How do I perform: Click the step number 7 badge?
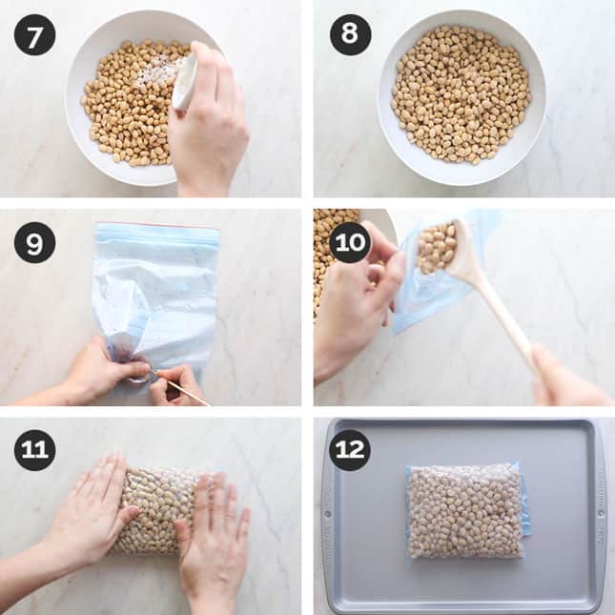(34, 34)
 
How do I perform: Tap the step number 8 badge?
(350, 34)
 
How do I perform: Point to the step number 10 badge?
(350, 243)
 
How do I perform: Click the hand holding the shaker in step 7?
(210, 133)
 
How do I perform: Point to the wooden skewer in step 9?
(181, 386)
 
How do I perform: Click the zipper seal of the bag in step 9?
(156, 233)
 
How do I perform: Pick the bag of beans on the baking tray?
(465, 511)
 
